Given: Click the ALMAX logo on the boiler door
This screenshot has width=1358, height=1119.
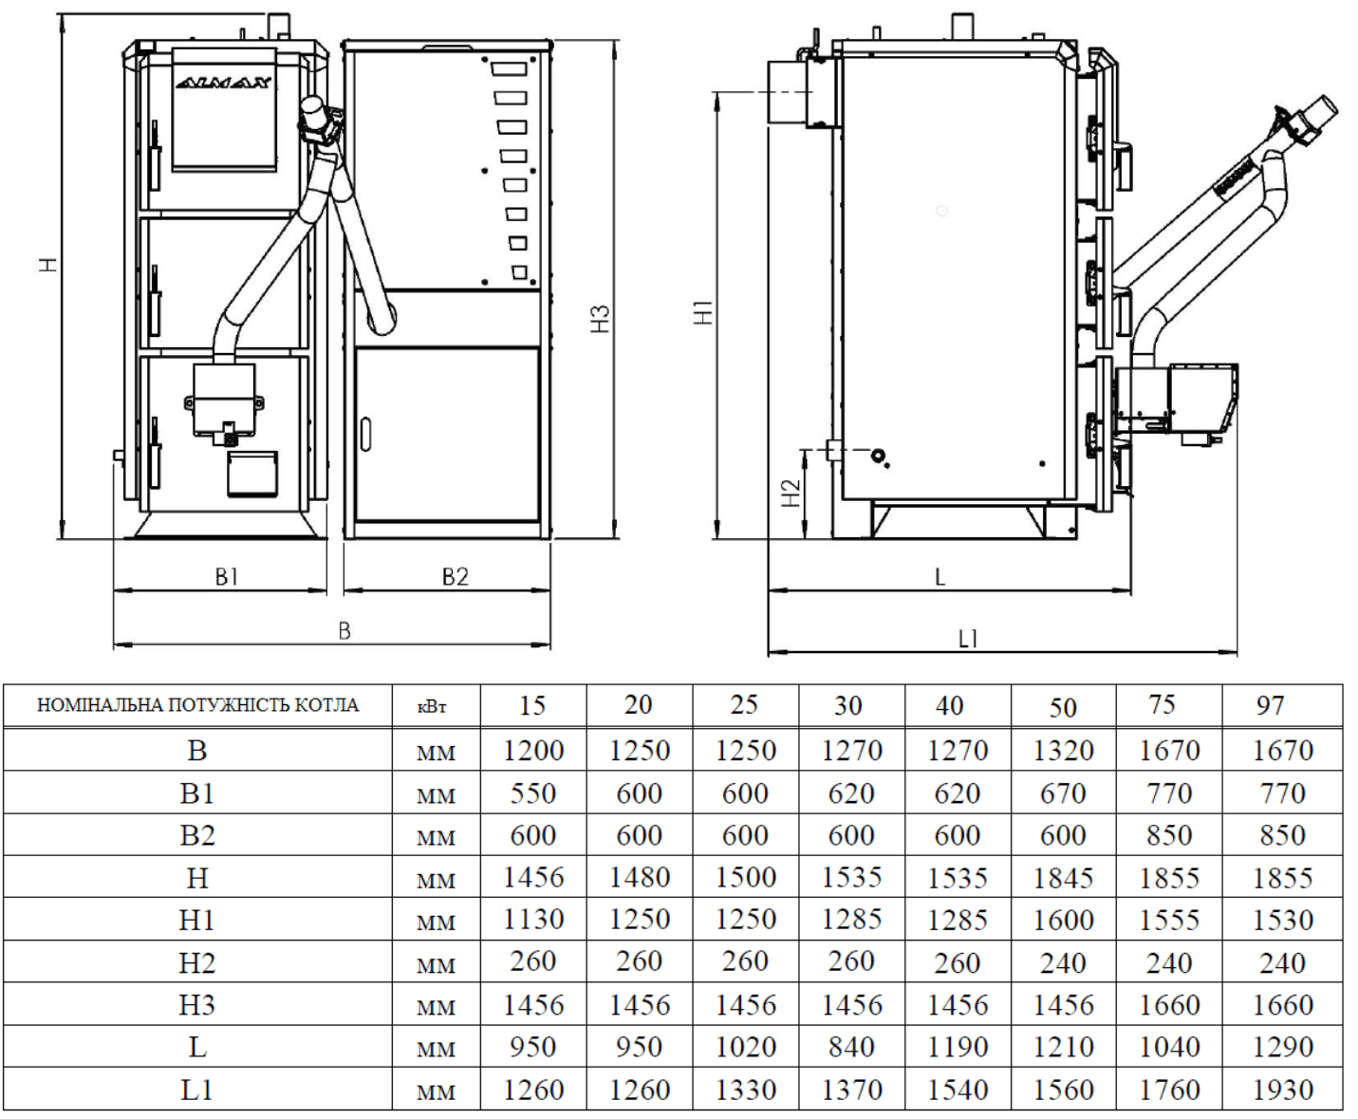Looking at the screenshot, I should pyautogui.click(x=224, y=83).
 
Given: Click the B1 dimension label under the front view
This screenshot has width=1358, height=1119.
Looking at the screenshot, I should pyautogui.click(x=226, y=576).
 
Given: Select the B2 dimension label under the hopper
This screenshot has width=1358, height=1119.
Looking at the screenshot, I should pyautogui.click(x=456, y=576).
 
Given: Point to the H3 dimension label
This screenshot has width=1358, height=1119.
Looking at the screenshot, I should pyautogui.click(x=600, y=319).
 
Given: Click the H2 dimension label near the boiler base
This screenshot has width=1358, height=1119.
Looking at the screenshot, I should pyautogui.click(x=791, y=493).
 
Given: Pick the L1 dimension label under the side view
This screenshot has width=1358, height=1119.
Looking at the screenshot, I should pyautogui.click(x=968, y=639).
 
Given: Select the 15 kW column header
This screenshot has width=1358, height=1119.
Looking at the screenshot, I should pyautogui.click(x=532, y=705).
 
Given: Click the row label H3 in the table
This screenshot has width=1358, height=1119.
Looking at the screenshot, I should pyautogui.click(x=196, y=1005).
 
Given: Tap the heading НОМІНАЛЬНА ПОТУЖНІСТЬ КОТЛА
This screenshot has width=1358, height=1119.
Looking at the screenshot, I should pyautogui.click(x=197, y=705).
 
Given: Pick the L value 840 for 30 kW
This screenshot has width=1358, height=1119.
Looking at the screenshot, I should pyautogui.click(x=850, y=1047).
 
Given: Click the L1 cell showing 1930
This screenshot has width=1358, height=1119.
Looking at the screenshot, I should pyautogui.click(x=1282, y=1090).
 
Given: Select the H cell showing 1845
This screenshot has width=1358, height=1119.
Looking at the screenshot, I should pyautogui.click(x=1063, y=878).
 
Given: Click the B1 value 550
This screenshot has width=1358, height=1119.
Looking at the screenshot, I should pyautogui.click(x=532, y=793).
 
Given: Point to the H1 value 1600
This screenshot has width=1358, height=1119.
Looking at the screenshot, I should pyautogui.click(x=1063, y=920).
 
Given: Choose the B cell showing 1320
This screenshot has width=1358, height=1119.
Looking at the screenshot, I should pyautogui.click(x=1063, y=751).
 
